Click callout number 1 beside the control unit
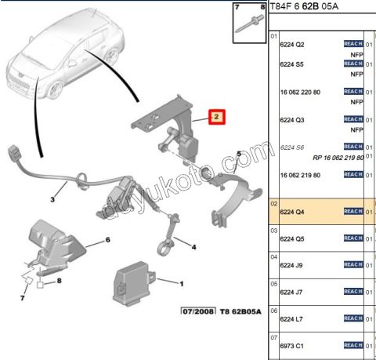(182, 284)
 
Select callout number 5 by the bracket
(239, 155)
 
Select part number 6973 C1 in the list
(292, 344)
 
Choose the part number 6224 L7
(292, 318)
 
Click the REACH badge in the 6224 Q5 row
(353, 238)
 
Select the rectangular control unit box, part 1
(136, 279)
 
